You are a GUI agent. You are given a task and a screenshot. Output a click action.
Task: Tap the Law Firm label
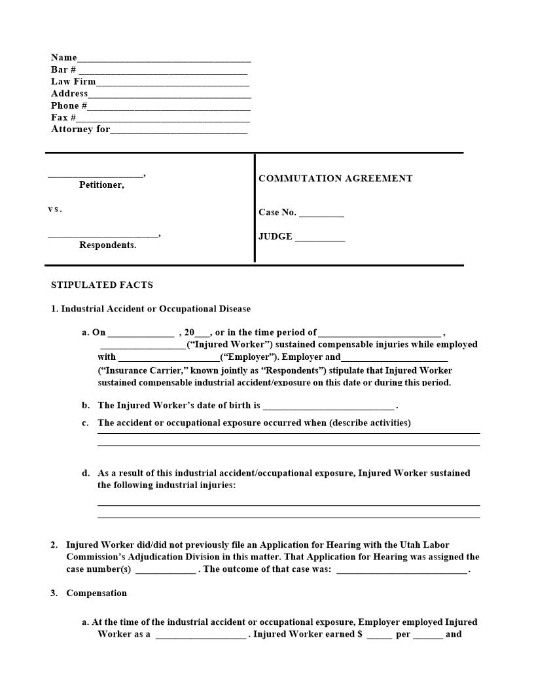click(73, 82)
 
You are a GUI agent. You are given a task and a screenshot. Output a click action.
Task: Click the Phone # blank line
click(169, 107)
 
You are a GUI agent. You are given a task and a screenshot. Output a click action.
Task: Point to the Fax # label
click(63, 118)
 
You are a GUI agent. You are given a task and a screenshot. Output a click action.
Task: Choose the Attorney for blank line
click(179, 131)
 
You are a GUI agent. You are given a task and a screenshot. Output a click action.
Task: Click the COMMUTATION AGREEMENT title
click(335, 179)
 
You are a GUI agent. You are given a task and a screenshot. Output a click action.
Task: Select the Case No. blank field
click(321, 214)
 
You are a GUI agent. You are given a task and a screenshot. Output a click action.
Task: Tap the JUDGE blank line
click(320, 239)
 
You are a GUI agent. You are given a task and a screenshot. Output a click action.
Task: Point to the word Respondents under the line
click(107, 245)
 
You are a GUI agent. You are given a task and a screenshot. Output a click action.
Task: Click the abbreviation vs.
click(55, 209)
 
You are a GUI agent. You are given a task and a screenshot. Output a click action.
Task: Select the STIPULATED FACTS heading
click(102, 285)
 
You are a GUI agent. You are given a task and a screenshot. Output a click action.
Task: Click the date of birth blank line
click(329, 407)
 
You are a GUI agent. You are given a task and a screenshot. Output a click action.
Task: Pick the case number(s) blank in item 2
click(165, 571)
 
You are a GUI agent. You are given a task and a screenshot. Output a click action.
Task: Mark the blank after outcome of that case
click(402, 571)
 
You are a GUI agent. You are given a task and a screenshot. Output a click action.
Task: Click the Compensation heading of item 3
click(96, 594)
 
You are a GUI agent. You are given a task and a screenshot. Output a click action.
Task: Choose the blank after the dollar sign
click(379, 636)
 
